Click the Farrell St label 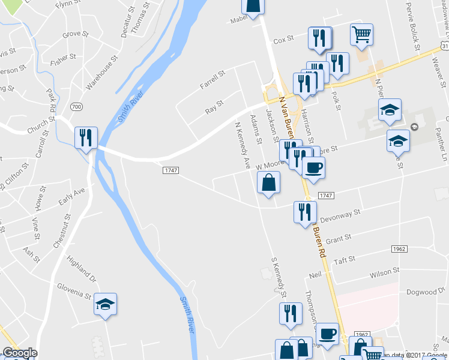click(212, 81)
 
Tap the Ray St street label click(214, 107)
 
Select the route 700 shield click(76, 106)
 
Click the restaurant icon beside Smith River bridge click(86, 138)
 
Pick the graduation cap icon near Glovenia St click(106, 304)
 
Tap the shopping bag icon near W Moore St click(269, 182)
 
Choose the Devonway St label click(340, 213)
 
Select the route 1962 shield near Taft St click(399, 248)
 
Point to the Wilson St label click(385, 273)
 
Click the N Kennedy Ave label click(243, 145)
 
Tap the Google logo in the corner click(19, 353)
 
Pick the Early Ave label click(72, 197)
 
